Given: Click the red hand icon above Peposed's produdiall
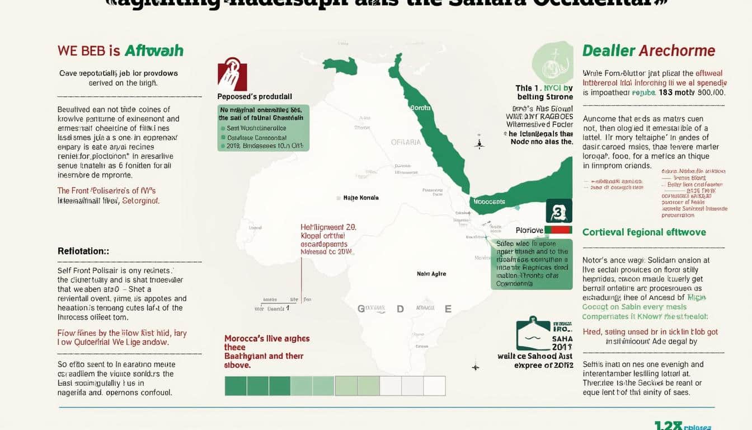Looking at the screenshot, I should point(232,74).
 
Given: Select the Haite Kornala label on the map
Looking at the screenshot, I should point(360,198).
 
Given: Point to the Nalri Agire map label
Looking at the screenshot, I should point(431,274).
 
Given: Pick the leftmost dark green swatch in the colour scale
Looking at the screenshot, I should point(236,386).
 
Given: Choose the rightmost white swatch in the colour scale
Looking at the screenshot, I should point(434,386).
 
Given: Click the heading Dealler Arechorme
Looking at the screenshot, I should point(648,50).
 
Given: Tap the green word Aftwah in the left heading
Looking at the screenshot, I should point(154,50).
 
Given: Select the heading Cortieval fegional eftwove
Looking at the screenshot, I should point(644,232).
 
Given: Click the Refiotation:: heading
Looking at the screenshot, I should point(83,251).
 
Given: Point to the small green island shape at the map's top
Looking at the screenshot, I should point(340,66).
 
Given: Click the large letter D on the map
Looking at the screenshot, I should point(400,309).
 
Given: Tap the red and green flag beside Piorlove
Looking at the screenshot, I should point(558,230).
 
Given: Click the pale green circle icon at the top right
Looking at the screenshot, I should point(553,62).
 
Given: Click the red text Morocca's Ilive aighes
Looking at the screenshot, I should point(267,339).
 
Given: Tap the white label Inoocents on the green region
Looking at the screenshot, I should point(489,202).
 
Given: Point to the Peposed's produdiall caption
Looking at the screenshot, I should point(255,96).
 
